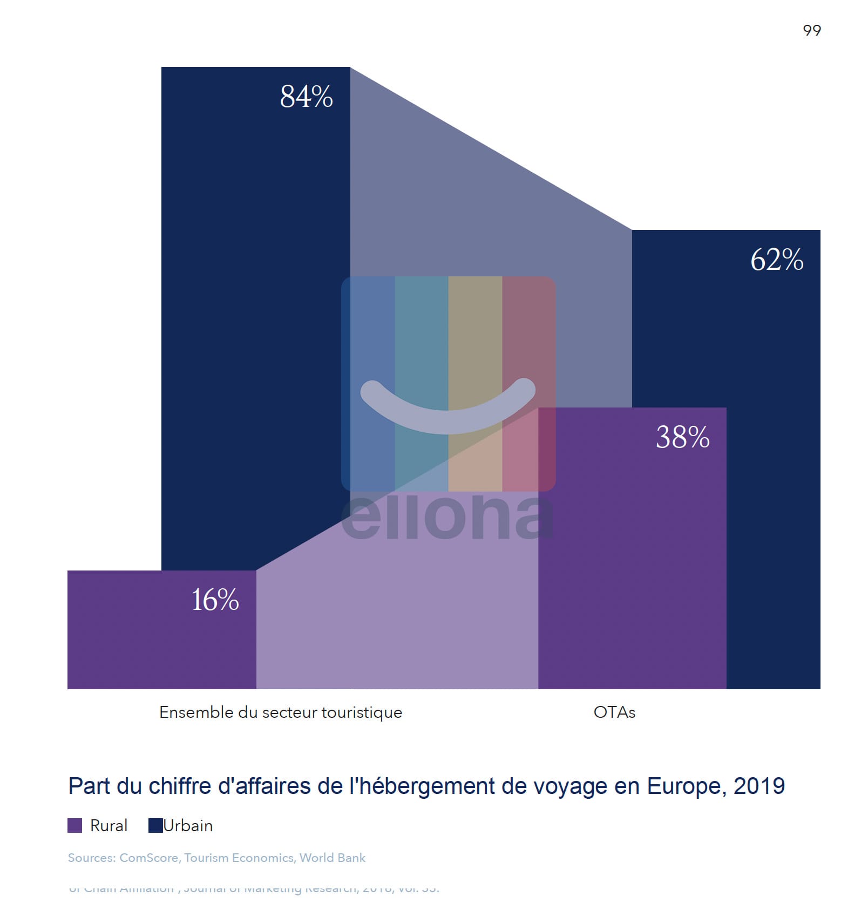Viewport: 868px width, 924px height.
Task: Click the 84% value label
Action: [x=306, y=97]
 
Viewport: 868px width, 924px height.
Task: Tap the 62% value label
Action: [x=777, y=260]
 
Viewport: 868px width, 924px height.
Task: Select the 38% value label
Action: [x=682, y=437]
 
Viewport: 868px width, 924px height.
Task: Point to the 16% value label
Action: [x=215, y=600]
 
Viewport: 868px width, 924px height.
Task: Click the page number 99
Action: [x=811, y=31]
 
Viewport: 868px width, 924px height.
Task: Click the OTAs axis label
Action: [x=614, y=712]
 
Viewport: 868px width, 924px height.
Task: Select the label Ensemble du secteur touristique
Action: [x=281, y=712]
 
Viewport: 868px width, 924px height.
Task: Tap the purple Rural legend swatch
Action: [x=74, y=825]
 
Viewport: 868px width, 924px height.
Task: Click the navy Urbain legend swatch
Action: [x=155, y=825]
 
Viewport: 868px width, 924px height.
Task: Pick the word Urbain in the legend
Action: [x=188, y=826]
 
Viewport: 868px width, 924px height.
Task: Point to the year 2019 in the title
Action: [x=759, y=786]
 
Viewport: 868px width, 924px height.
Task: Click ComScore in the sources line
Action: [x=148, y=858]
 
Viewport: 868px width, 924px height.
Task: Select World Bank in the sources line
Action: [x=333, y=858]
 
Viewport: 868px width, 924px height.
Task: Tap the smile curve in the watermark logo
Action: [x=447, y=416]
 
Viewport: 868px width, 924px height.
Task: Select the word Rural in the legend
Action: [x=109, y=826]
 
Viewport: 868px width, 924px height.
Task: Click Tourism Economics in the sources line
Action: [x=239, y=858]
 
